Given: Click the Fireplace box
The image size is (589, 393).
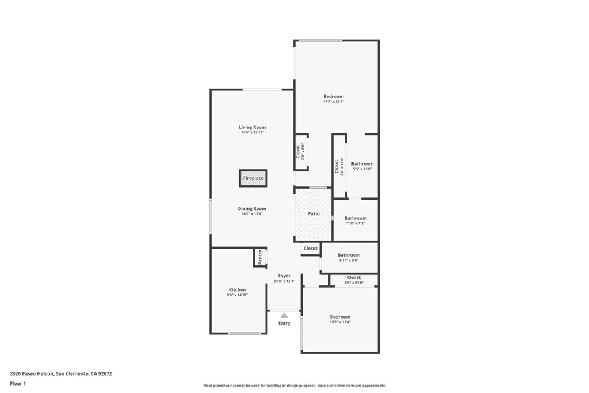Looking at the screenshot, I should (x=253, y=178).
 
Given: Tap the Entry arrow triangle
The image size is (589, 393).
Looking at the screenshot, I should (x=284, y=315).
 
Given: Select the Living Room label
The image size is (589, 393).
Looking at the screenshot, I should (x=253, y=127).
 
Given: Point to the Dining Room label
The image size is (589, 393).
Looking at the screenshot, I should (x=252, y=209).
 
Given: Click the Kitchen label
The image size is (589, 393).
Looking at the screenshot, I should (x=237, y=290).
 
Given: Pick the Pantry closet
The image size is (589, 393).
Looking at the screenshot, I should (x=260, y=257).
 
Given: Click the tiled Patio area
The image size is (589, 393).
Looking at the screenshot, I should (x=313, y=214).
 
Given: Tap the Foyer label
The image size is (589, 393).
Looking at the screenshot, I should (x=284, y=276).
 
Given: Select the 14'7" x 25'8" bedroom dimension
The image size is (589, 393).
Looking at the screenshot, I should (x=334, y=102).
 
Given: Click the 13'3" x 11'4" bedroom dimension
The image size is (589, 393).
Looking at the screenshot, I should (x=340, y=322).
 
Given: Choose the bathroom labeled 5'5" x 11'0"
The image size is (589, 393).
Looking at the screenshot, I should (x=362, y=166).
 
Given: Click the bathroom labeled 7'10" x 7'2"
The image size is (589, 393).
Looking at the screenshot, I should (x=355, y=221).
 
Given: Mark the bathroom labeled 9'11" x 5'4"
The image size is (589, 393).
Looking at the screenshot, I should (x=349, y=258).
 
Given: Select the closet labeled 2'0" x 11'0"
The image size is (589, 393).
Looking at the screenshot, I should (x=339, y=167).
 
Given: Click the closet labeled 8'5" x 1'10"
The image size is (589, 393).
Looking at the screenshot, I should (x=354, y=280).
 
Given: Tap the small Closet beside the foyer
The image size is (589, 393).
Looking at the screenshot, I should (x=310, y=249).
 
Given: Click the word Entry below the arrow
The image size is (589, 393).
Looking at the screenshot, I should (x=284, y=323).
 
